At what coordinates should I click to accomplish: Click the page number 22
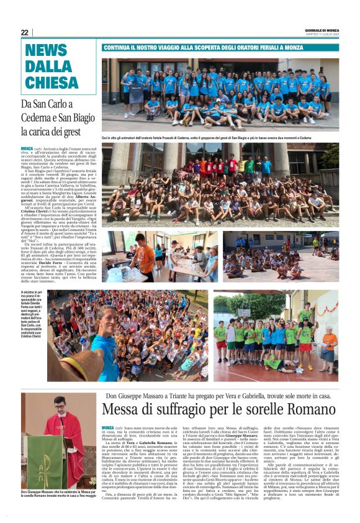(24, 32)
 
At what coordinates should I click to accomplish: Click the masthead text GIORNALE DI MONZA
(322, 30)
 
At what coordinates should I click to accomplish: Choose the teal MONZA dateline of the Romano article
(108, 428)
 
